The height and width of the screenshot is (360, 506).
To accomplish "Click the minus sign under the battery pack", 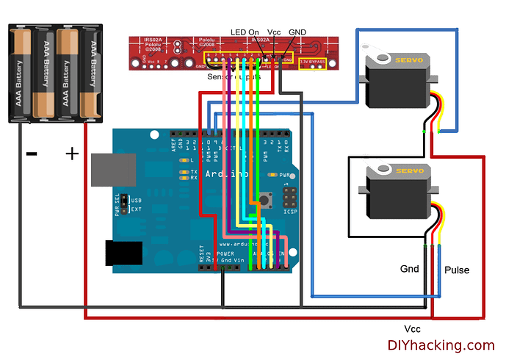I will [x=32, y=154].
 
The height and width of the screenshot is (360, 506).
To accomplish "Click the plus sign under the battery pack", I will [x=72, y=154].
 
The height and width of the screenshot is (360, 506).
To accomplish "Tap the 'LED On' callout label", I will [x=245, y=32].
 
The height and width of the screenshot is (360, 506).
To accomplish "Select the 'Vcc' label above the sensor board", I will [x=273, y=32].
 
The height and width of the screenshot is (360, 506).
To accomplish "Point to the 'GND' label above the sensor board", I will [x=297, y=32].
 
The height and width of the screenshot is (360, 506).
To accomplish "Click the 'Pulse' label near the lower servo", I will [x=456, y=270].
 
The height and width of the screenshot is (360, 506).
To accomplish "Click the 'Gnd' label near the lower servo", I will [x=409, y=269].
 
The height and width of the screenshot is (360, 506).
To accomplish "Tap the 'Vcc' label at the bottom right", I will [x=412, y=328].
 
